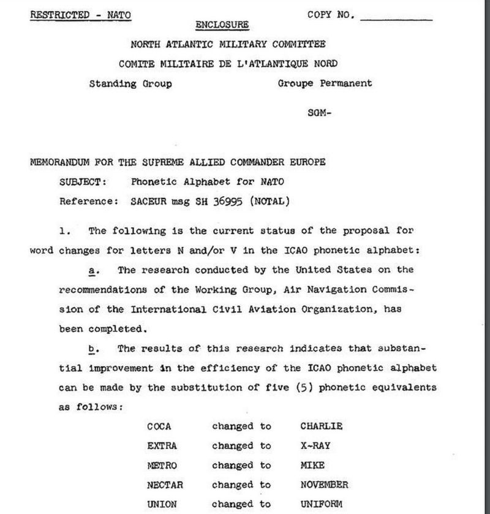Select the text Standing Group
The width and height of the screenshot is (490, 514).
tap(130, 84)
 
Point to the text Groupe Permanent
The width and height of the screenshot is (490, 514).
tap(325, 84)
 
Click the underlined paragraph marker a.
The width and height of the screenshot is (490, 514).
tap(92, 270)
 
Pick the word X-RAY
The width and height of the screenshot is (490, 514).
tap(315, 446)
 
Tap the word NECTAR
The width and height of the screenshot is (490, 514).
tap(164, 485)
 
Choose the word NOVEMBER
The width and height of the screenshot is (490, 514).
tap(325, 485)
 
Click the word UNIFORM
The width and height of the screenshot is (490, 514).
tap(321, 504)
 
